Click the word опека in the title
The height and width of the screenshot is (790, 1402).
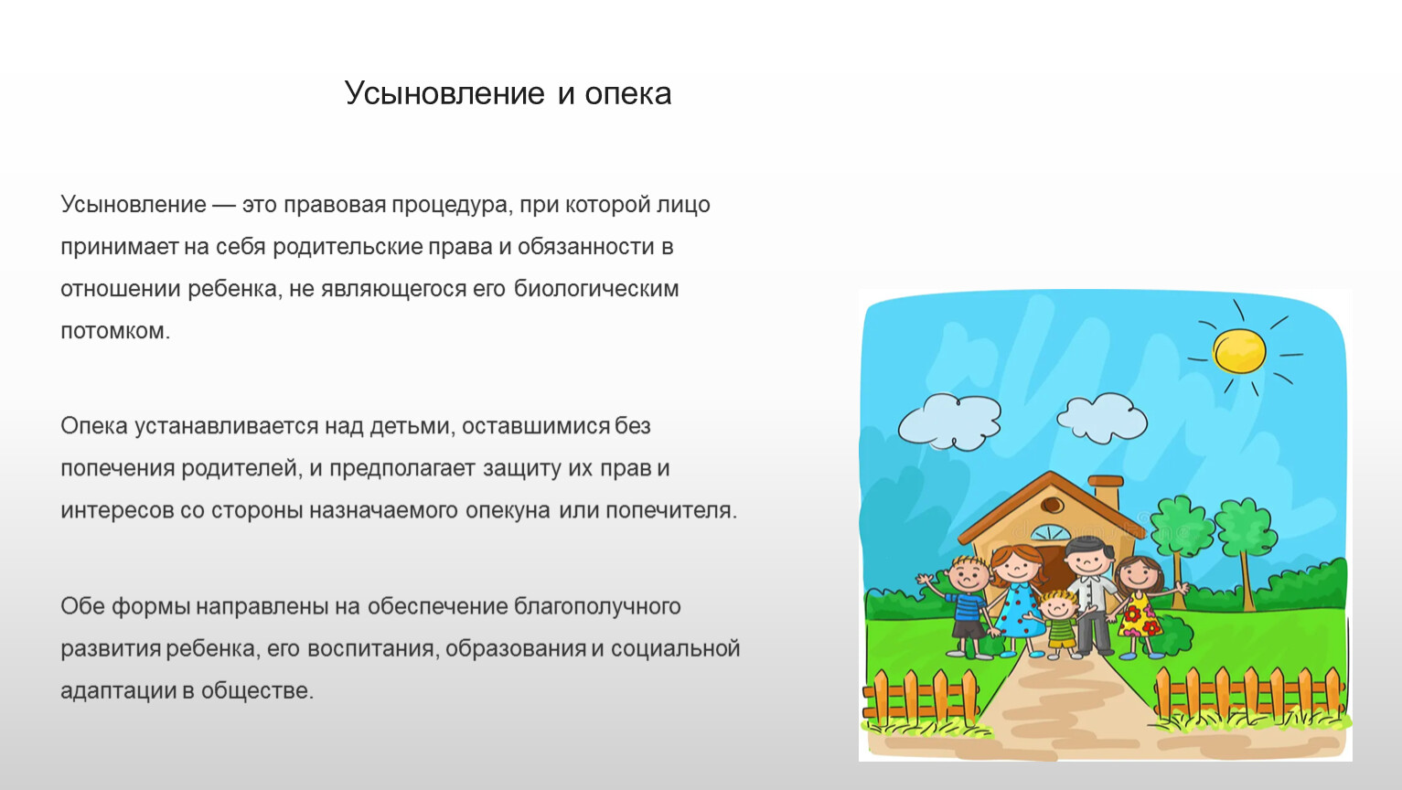[x=627, y=94]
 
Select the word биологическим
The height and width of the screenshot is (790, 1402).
[x=596, y=289]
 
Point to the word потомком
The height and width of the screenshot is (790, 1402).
[x=115, y=331]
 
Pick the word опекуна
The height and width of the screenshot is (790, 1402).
[x=508, y=511]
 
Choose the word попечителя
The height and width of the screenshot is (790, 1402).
[x=671, y=511]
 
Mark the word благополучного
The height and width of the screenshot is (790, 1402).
[x=597, y=606]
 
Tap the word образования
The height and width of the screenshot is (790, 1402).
[x=516, y=648]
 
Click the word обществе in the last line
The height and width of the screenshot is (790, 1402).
[x=257, y=689]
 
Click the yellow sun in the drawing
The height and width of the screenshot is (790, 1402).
[x=1239, y=350]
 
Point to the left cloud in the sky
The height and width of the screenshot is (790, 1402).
[x=949, y=422]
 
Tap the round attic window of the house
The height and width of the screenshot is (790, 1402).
[x=1052, y=505]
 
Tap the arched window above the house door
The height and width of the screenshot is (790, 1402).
[x=1052, y=533]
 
